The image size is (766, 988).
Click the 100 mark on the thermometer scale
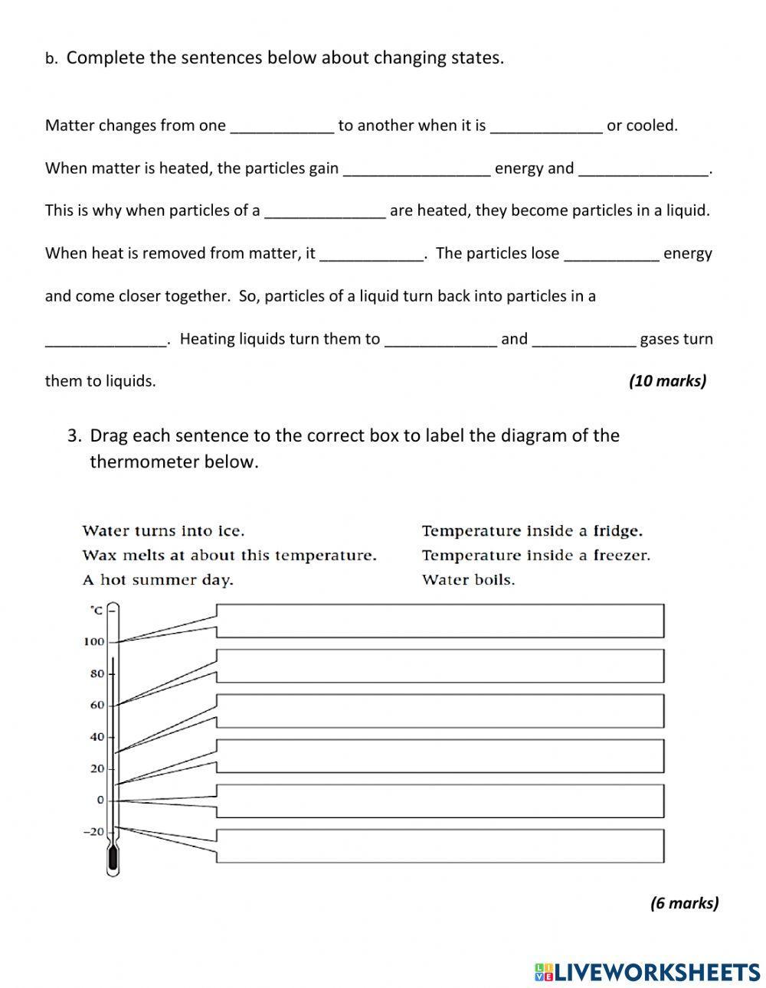click(94, 642)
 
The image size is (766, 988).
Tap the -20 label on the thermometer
click(93, 832)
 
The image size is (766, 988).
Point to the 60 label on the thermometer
click(97, 705)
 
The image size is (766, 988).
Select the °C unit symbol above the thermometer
click(97, 610)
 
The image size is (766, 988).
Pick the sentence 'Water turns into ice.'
click(163, 530)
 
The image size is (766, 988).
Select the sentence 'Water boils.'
click(468, 579)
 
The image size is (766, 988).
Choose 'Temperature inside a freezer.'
click(535, 555)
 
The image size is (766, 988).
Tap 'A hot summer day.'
click(157, 579)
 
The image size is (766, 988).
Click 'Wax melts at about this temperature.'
click(229, 555)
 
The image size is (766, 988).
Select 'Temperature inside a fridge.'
click(532, 530)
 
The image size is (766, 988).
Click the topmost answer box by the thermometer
click(440, 621)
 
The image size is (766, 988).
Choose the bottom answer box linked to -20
click(440, 846)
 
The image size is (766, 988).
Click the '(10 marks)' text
click(667, 380)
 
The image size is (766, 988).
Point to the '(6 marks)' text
click(684, 903)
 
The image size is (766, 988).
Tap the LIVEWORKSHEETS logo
click(647, 971)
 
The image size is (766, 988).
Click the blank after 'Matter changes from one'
click(282, 126)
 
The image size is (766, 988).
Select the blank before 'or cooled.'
click(546, 126)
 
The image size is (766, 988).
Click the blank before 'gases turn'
click(584, 340)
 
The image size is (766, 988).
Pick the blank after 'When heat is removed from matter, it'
click(372, 254)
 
